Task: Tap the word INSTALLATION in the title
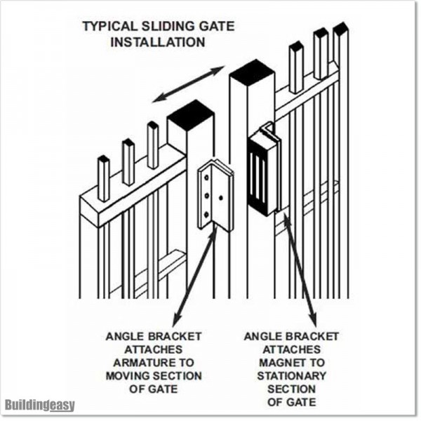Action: tap(157, 42)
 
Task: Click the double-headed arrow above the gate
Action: tap(189, 83)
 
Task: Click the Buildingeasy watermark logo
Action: tap(39, 405)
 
